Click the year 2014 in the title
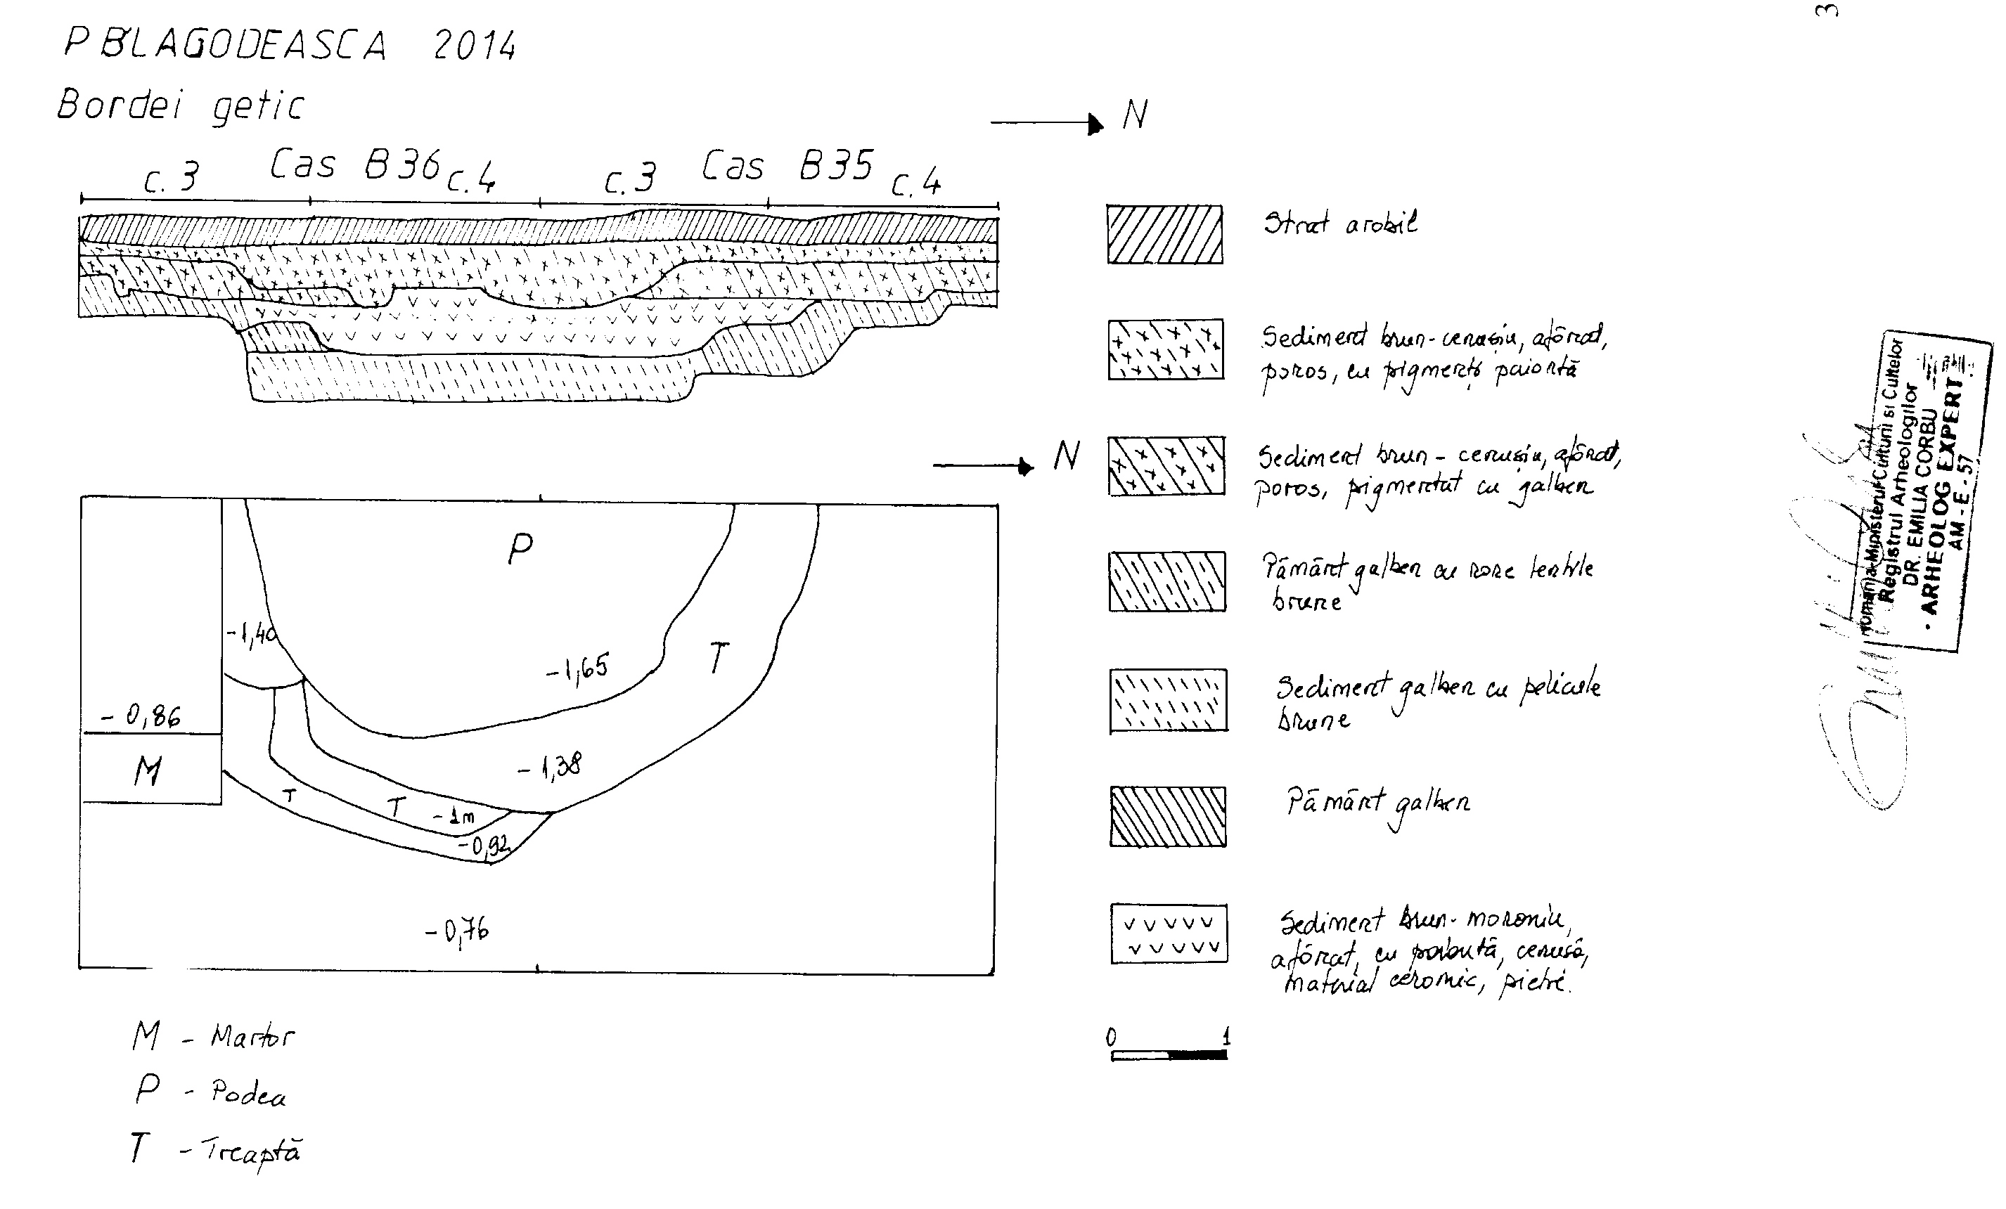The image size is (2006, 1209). (x=475, y=46)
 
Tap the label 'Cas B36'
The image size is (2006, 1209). (x=356, y=164)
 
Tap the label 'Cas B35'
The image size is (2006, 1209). (x=787, y=166)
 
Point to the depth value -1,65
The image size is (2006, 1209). (x=577, y=668)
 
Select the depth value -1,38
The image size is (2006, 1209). (x=551, y=765)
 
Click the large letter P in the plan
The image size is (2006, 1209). (x=520, y=550)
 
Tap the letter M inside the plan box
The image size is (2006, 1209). (x=148, y=770)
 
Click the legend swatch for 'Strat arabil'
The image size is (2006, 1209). (x=1164, y=235)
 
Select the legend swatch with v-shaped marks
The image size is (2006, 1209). (x=1169, y=934)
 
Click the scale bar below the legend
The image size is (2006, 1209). (x=1169, y=1054)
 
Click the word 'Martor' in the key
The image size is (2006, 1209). (x=252, y=1036)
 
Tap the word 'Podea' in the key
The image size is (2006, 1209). (x=248, y=1092)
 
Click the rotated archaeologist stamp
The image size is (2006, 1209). (x=1922, y=493)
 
